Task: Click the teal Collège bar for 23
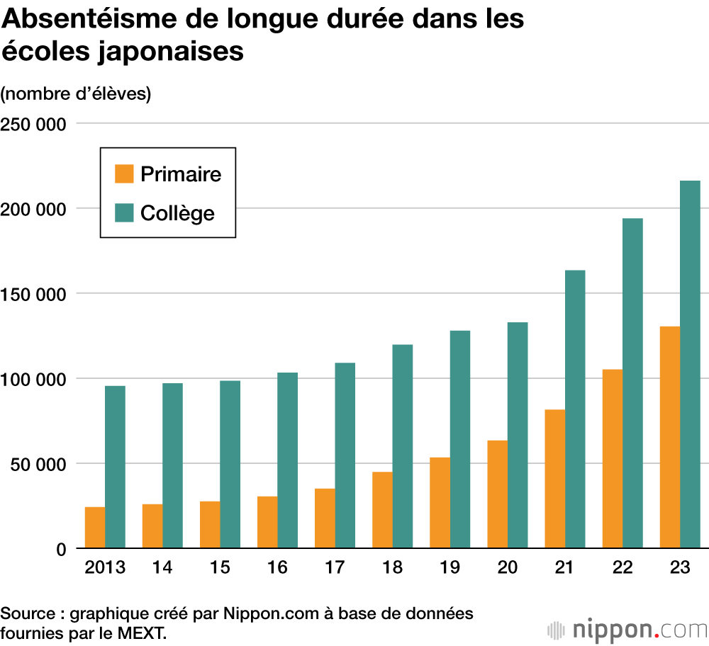coord(690,364)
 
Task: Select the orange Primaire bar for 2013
coord(95,528)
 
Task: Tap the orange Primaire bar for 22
coord(612,459)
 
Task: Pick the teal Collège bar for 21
coord(575,409)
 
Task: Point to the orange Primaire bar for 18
coord(382,510)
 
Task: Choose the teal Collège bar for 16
coord(287,460)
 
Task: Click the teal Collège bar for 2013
coord(115,467)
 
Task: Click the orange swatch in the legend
coord(124,174)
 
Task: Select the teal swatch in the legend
coord(124,212)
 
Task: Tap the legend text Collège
coord(177,213)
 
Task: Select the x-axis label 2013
coord(105,568)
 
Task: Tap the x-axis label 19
coord(450,568)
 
